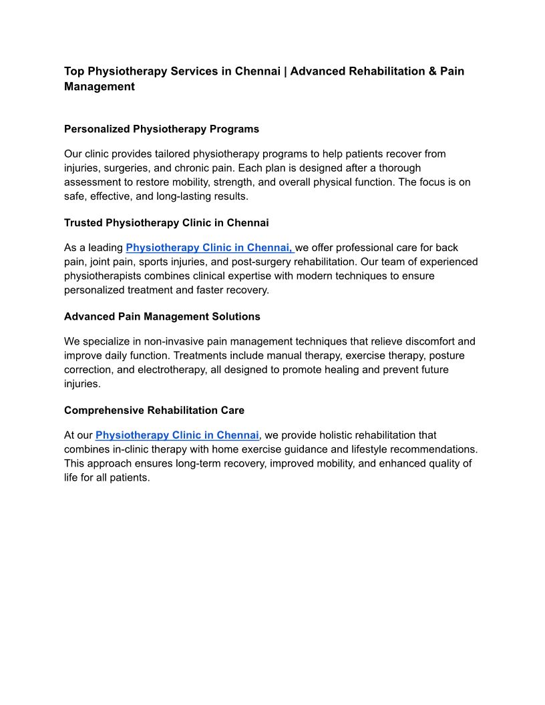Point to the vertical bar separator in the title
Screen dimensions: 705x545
285,71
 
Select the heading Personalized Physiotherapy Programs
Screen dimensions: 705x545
162,129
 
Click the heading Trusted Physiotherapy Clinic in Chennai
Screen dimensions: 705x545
166,222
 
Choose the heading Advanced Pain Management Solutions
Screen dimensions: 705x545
162,316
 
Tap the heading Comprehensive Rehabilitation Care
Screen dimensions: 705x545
154,410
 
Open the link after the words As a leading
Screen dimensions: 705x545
209,248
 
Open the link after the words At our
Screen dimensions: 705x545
177,435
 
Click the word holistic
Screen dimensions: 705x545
331,435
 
